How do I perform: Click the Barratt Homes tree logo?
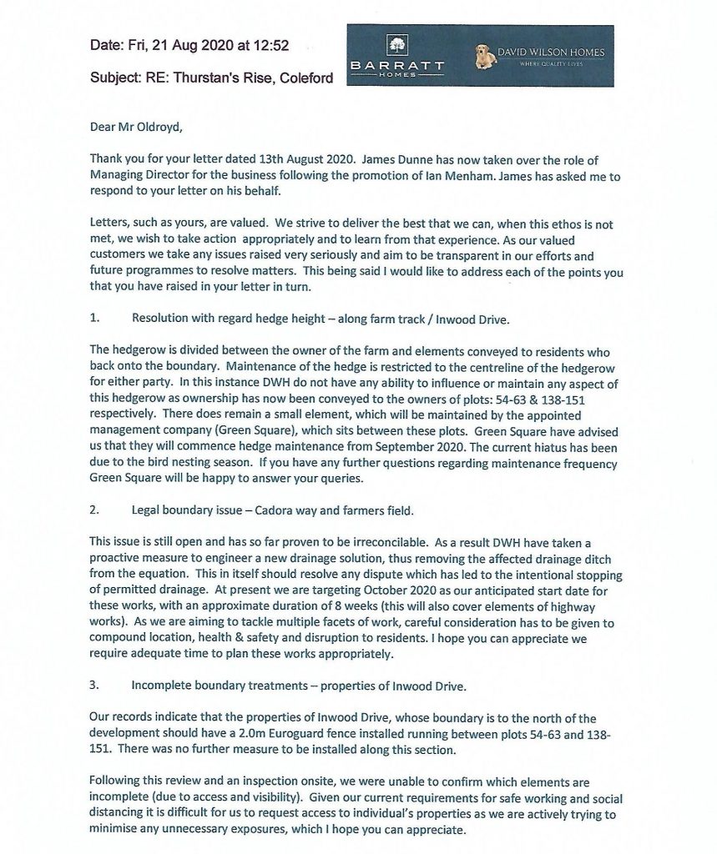pos(395,46)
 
